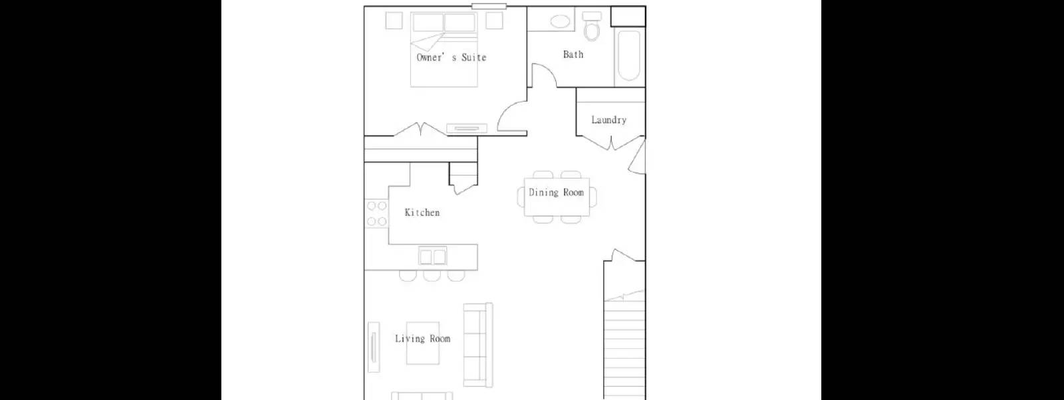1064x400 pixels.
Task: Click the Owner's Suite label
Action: [x=451, y=58]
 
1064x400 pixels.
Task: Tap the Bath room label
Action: [x=573, y=54]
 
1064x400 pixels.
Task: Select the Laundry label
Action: [x=608, y=120]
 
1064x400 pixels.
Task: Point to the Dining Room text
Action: [x=556, y=193]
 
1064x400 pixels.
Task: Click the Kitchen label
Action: [x=422, y=213]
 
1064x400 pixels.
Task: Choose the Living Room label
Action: [x=422, y=339]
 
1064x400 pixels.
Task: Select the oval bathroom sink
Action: [x=560, y=21]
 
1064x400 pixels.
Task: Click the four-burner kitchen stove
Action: [x=376, y=214]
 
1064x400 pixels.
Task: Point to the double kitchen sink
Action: [x=432, y=256]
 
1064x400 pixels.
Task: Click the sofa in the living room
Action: [x=478, y=345]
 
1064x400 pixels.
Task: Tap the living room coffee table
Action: [x=423, y=343]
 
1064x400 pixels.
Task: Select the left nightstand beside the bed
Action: [x=394, y=21]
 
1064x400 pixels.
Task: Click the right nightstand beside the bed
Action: [x=494, y=21]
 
